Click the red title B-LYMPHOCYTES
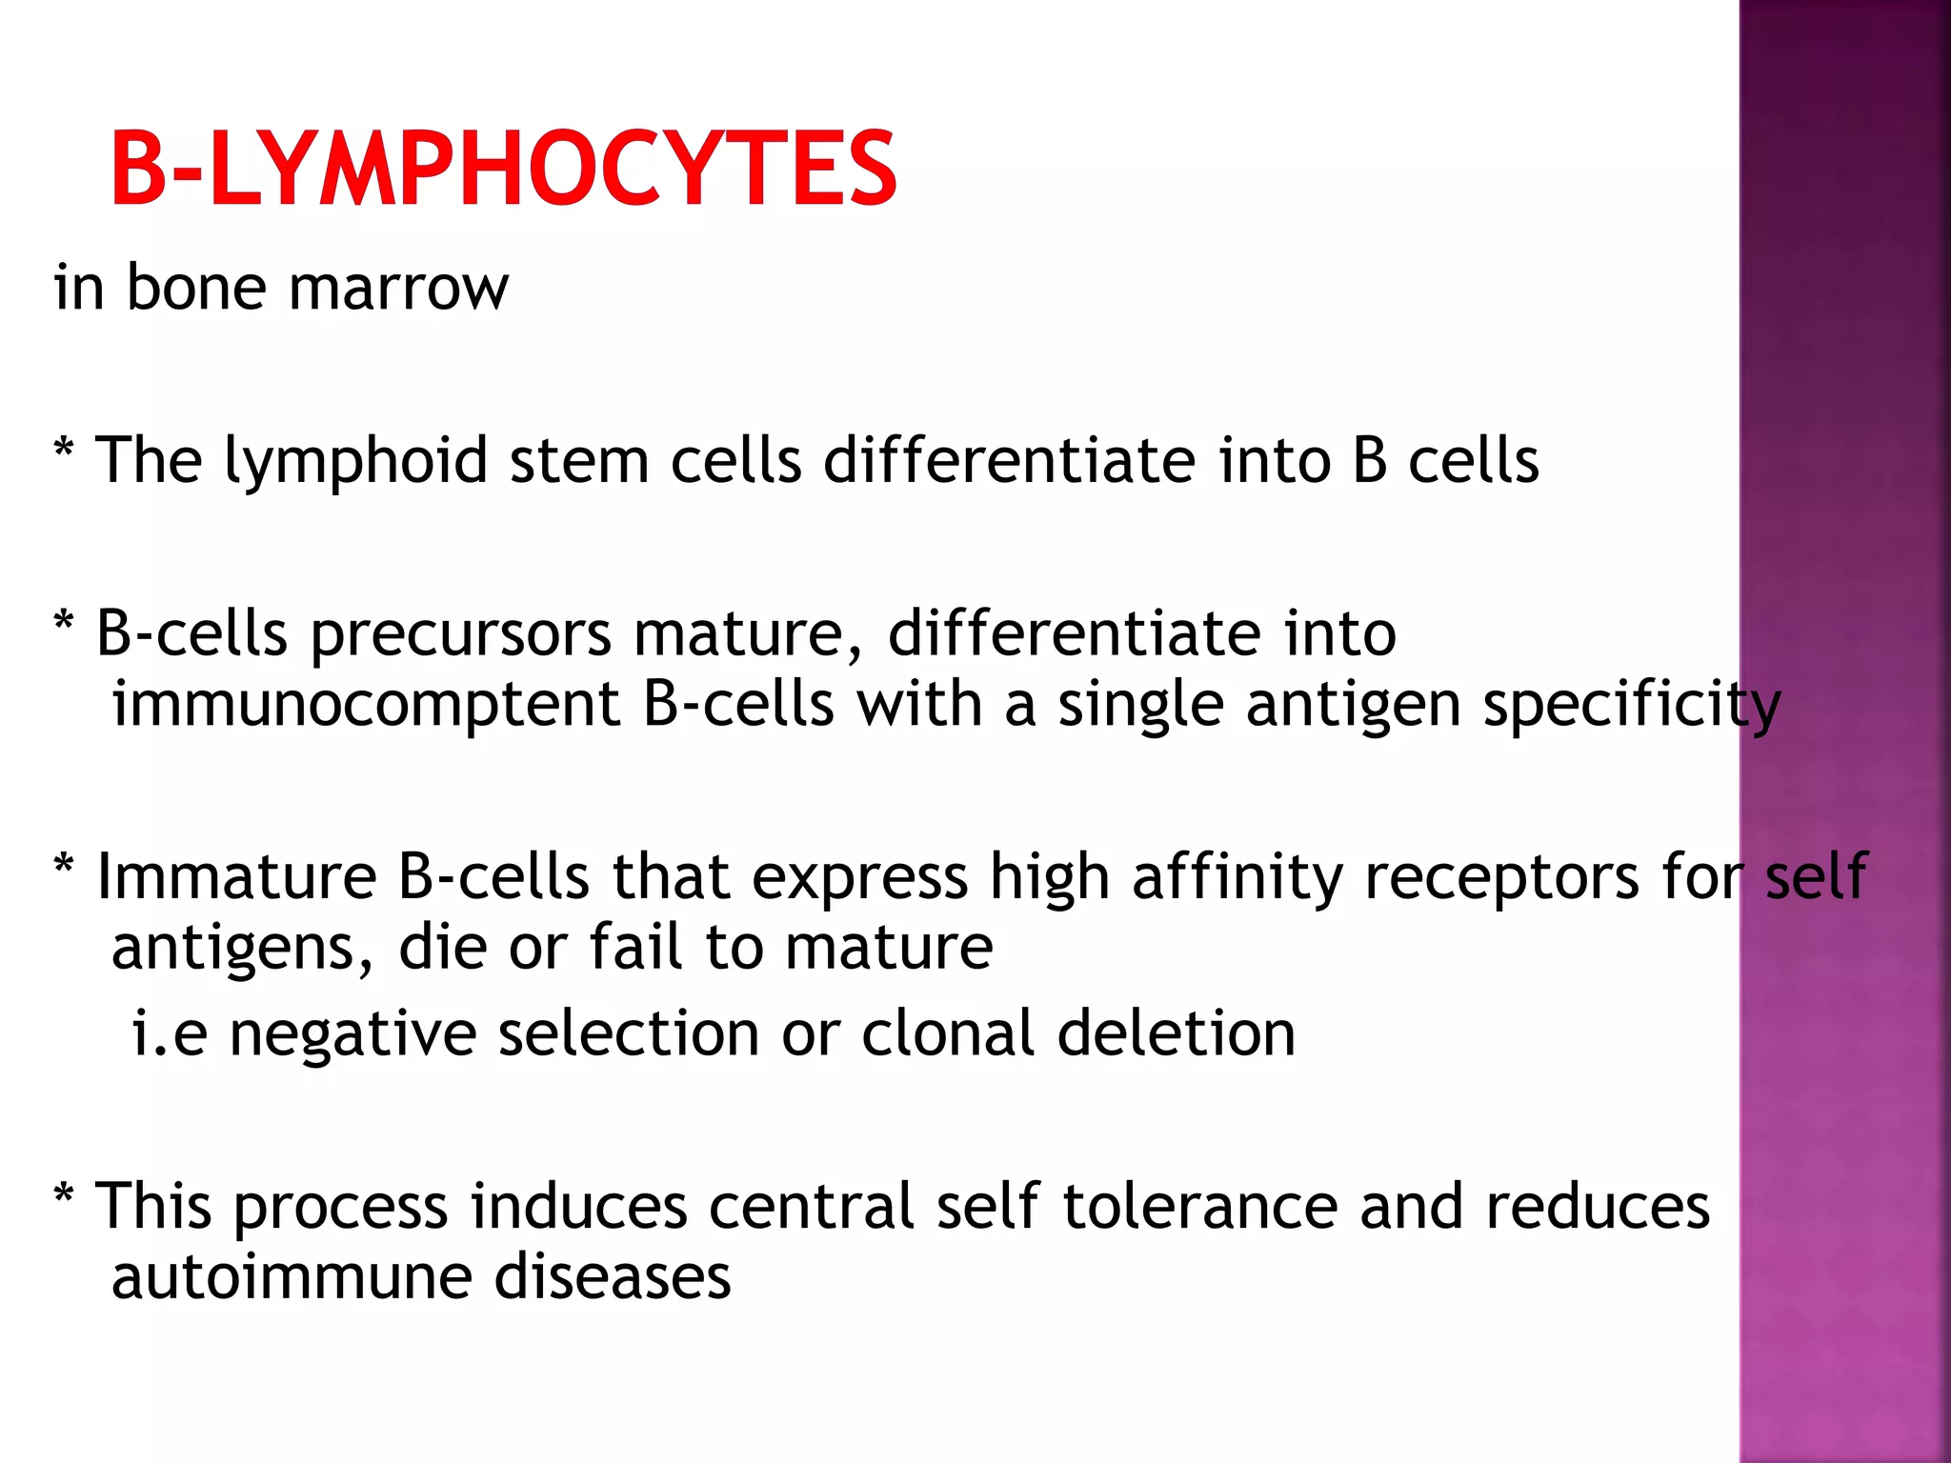[503, 170]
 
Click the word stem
[578, 461]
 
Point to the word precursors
[461, 634]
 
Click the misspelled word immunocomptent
[367, 705]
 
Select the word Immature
[236, 876]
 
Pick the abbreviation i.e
[169, 1033]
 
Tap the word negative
[352, 1033]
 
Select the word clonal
[947, 1033]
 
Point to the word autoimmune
[292, 1277]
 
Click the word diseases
[613, 1277]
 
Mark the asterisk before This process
[64, 1192]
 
